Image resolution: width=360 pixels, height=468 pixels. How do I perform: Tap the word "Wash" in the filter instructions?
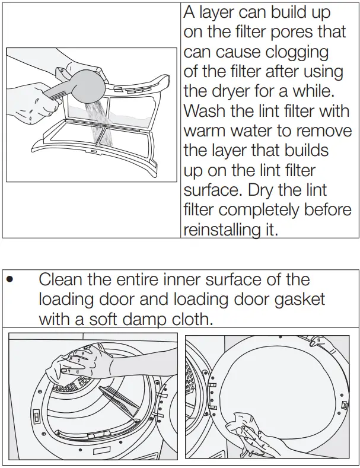(205, 110)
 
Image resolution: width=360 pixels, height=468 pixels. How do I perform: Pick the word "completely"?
(265, 209)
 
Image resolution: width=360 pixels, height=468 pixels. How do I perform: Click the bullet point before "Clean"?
(9, 280)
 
